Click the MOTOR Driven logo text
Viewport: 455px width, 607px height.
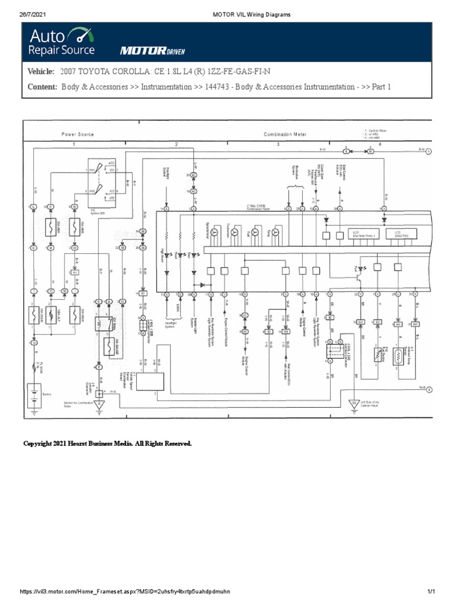pos(148,51)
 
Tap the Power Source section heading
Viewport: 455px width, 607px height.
pos(78,135)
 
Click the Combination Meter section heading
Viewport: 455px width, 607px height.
pos(285,135)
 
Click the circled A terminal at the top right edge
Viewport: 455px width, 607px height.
pos(428,151)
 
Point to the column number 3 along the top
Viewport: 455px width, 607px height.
pos(278,144)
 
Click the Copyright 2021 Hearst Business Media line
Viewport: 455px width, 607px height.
pos(107,443)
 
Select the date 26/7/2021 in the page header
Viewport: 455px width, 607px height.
pos(33,14)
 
